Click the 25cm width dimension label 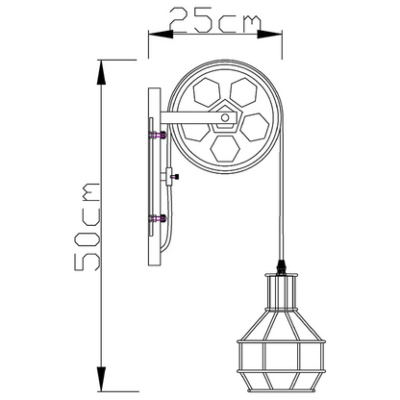point(214,21)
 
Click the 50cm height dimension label point(87,227)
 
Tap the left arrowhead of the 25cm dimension point(161,34)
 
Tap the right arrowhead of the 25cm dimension point(269,34)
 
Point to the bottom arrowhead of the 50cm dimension point(101,379)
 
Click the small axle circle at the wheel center point(225,117)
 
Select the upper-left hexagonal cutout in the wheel point(207,92)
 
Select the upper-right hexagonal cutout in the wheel point(243,92)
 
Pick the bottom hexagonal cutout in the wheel point(225,149)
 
